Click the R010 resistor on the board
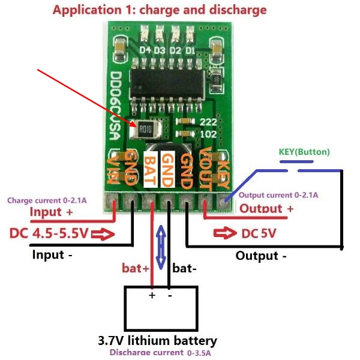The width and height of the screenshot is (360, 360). point(145,129)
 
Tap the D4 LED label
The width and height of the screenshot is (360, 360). point(145,50)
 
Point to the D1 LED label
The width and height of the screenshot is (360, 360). point(190,50)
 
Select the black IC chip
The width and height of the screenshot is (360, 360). point(167,83)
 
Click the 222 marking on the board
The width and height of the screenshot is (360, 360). point(208,122)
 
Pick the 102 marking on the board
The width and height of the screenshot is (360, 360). point(208,134)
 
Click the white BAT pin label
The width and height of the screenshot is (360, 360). point(151,169)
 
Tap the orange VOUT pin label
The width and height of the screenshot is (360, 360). point(205,169)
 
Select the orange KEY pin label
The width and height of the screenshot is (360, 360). point(223,174)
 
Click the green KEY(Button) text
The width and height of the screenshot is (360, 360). point(304,152)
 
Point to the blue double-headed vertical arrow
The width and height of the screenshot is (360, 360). point(161,247)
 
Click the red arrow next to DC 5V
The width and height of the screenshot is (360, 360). point(225,233)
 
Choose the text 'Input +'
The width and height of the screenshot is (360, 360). point(51,212)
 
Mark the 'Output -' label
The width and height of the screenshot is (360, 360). point(261,256)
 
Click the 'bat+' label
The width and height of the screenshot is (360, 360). point(136,268)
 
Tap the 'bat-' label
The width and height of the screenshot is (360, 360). point(184,268)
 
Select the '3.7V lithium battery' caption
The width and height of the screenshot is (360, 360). point(157,341)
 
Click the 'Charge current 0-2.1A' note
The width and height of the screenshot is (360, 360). point(47,200)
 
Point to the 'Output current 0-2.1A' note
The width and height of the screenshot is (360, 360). point(278,195)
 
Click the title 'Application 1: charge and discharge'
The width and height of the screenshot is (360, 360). point(160,10)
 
